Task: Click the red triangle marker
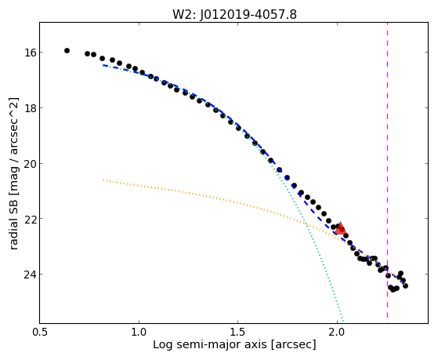pyautogui.click(x=340, y=228)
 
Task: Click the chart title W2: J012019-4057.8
pyautogui.click(x=234, y=14)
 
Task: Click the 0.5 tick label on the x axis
pyautogui.click(x=40, y=332)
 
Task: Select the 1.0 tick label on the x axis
pyautogui.click(x=139, y=332)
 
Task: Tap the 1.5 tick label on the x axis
pyautogui.click(x=237, y=332)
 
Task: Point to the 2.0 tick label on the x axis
pyautogui.click(x=337, y=332)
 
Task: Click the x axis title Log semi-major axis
pyautogui.click(x=209, y=345)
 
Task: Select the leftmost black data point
pyautogui.click(x=67, y=51)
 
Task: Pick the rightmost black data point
pyautogui.click(x=406, y=285)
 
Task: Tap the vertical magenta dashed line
pyautogui.click(x=387, y=170)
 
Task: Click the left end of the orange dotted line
pyautogui.click(x=103, y=180)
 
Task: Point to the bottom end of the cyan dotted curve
pyautogui.click(x=343, y=321)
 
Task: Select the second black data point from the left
pyautogui.click(x=87, y=53)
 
